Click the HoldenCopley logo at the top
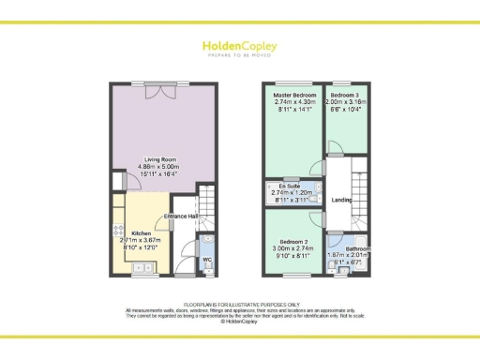point(240,46)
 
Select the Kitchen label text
point(142,232)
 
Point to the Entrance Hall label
point(181,216)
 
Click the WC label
point(206,259)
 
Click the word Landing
point(341,199)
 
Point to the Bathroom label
point(356,248)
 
